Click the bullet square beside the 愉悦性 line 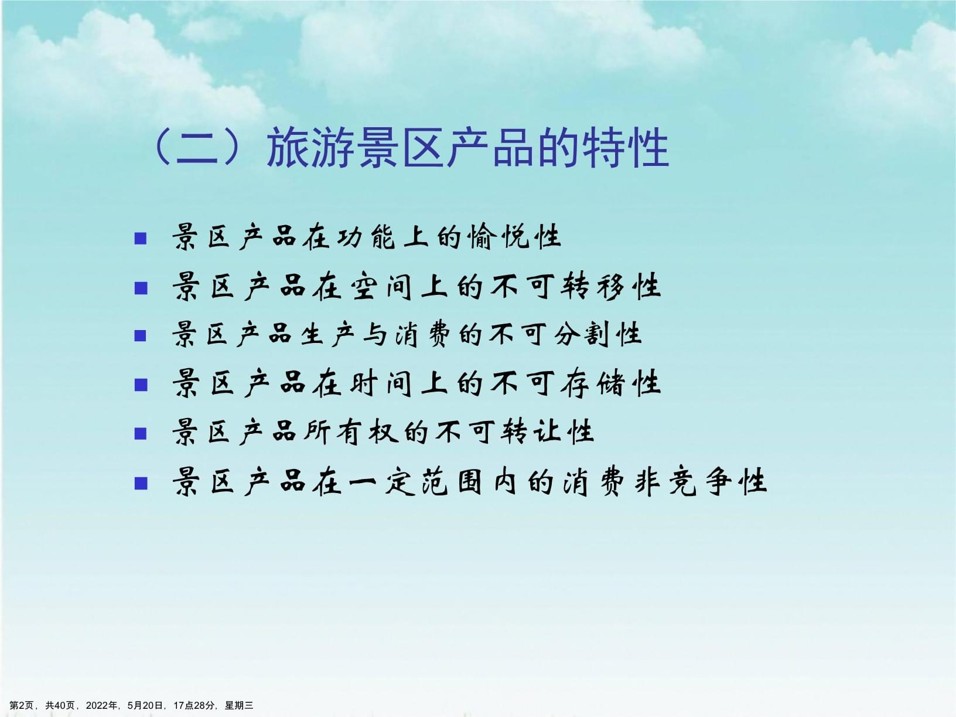[141, 238]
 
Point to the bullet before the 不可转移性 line [141, 287]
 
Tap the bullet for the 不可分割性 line [141, 336]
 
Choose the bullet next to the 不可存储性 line [141, 385]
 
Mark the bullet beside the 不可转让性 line [141, 433]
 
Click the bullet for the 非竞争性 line [141, 482]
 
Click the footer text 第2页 [22, 705]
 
